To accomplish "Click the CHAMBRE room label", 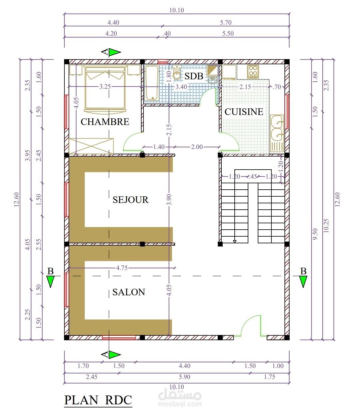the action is click(105, 122).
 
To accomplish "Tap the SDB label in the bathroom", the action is click(194, 76).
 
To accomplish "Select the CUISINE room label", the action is click(244, 112).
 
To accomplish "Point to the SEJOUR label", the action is click(131, 200).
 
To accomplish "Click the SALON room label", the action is click(129, 292).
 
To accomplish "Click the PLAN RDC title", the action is click(98, 400).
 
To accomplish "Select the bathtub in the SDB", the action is click(152, 83).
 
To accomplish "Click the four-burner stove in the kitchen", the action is click(253, 72).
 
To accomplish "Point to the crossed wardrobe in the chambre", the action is click(91, 146).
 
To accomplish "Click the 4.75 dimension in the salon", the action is click(122, 268).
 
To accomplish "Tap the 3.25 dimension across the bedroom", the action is click(105, 87).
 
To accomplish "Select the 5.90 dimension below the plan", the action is click(185, 377).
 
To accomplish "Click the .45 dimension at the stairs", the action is click(253, 177).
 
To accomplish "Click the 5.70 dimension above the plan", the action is click(226, 22).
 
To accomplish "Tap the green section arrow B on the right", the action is click(303, 281).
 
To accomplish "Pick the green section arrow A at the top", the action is click(115, 52).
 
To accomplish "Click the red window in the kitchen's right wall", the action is click(287, 111).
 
